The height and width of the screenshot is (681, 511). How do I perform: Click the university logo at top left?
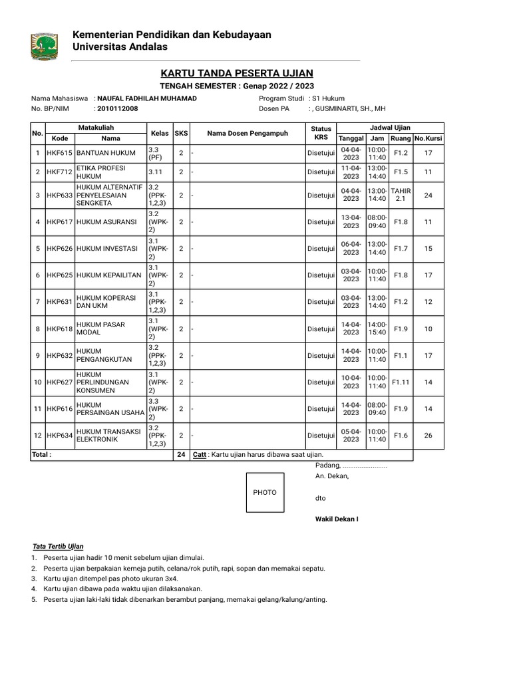pyautogui.click(x=44, y=46)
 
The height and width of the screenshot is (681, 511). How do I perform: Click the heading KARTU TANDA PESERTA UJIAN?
pyautogui.click(x=236, y=72)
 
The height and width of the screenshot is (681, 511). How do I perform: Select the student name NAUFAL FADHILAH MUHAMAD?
pyautogui.click(x=147, y=98)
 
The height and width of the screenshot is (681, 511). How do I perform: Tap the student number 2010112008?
pyautogui.click(x=118, y=108)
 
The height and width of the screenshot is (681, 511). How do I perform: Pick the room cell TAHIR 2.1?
pyautogui.click(x=401, y=195)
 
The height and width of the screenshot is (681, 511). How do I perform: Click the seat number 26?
pyautogui.click(x=428, y=436)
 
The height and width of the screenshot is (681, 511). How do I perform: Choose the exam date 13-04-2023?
pyautogui.click(x=351, y=222)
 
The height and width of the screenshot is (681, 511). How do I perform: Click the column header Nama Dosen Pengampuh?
pyautogui.click(x=248, y=133)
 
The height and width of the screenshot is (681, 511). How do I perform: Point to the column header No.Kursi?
pyautogui.click(x=428, y=138)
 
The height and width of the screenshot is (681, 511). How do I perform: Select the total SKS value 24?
pyautogui.click(x=181, y=455)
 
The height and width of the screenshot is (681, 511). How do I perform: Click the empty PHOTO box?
pyautogui.click(x=265, y=492)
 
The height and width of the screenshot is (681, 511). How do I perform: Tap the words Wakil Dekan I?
pyautogui.click(x=337, y=518)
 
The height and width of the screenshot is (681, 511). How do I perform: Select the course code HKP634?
pyautogui.click(x=60, y=436)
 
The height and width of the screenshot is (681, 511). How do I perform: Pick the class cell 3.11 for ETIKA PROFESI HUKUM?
pyautogui.click(x=158, y=172)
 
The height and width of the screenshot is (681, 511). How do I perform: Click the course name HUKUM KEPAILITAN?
pyautogui.click(x=109, y=275)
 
